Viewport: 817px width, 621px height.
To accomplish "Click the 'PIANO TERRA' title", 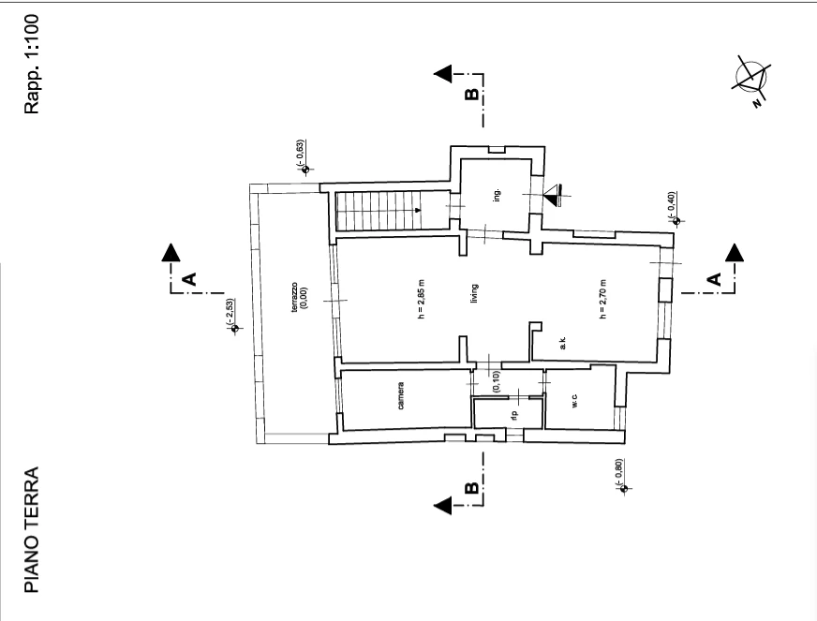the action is [32, 529].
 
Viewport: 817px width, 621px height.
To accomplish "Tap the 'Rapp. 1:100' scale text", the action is [32, 64].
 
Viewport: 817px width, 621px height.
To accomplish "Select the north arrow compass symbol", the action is [751, 81].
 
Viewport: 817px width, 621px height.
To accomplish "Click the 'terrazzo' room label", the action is [294, 298].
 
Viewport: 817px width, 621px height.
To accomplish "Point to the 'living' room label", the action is [474, 294].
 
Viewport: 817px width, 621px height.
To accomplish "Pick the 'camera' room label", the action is [401, 396].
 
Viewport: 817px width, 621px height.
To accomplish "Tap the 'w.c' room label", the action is [574, 401].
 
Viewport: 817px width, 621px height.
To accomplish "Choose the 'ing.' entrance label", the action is [498, 196].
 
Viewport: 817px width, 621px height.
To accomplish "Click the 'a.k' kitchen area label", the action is [563, 344].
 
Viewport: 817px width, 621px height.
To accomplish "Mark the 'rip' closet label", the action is [514, 415].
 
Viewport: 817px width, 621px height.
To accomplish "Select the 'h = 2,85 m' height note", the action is [422, 299].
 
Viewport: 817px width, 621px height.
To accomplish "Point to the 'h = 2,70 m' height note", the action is [602, 299].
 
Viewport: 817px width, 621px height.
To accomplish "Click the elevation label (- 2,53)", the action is [230, 312].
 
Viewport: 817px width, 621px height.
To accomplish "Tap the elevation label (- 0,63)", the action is [300, 154].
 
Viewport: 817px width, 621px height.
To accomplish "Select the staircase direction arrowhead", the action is [418, 211].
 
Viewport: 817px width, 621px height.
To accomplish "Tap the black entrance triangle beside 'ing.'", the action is [550, 196].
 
